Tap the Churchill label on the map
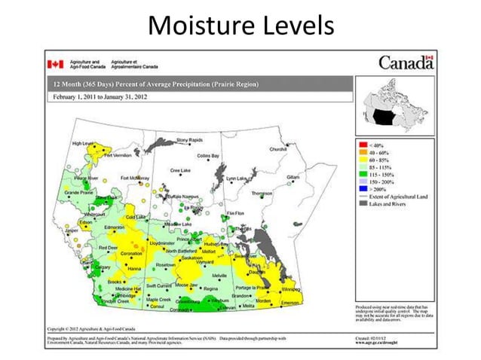pos(278,149)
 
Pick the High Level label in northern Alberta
pos(83,143)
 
